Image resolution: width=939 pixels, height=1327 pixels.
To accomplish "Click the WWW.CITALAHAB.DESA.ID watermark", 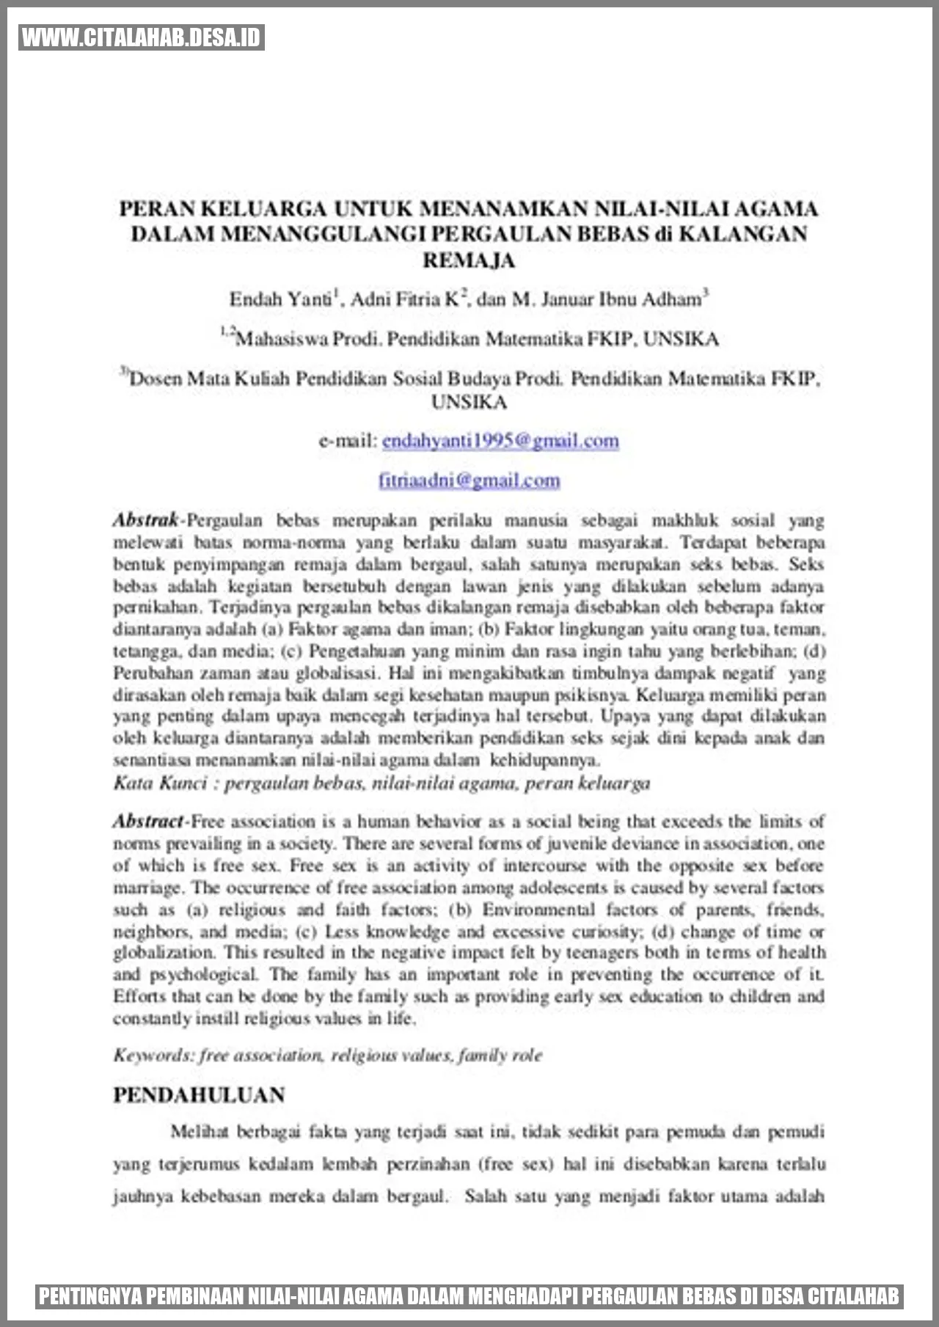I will click(x=141, y=37).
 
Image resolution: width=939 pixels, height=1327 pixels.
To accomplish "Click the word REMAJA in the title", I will click(x=469, y=260).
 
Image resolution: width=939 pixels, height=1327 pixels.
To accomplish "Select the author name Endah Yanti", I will click(x=280, y=299).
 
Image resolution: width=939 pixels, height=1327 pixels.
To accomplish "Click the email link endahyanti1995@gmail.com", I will click(x=500, y=441).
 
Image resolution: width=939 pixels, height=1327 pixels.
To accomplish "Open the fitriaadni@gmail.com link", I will click(x=469, y=480).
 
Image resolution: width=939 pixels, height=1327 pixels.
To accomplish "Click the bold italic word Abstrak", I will click(x=145, y=520).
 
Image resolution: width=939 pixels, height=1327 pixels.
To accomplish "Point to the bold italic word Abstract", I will click(x=147, y=821).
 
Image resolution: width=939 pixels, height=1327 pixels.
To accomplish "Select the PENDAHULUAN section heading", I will click(x=199, y=1095).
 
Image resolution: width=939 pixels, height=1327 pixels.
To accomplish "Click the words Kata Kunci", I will click(x=160, y=783).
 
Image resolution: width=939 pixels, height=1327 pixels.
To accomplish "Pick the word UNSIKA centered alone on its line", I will click(x=469, y=402).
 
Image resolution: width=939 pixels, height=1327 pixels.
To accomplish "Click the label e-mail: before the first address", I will click(x=348, y=441).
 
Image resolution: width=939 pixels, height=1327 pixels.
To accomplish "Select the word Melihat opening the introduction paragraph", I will click(x=199, y=1132).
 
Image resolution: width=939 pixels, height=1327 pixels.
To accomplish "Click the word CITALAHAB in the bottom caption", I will click(x=853, y=1296).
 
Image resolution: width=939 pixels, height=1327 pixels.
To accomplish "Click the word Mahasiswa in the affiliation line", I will click(x=282, y=339).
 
